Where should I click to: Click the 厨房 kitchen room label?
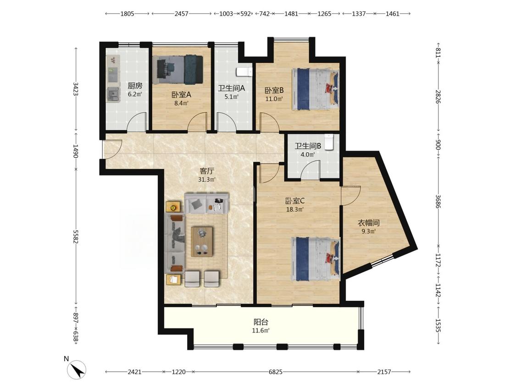coord(135,86)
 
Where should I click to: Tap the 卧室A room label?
coord(181,95)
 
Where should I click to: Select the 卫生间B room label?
coord(308,146)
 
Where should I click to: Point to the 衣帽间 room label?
coord(369,223)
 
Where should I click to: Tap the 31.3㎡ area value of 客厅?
coord(207,179)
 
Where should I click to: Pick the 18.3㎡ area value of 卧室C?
coord(294,209)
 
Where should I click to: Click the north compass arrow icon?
coord(78,370)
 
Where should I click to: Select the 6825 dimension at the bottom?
coord(276,372)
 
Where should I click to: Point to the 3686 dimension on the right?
coord(438,201)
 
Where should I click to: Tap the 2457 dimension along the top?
coord(181,13)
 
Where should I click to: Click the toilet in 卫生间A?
coord(244,72)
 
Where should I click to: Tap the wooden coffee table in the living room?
coord(202,241)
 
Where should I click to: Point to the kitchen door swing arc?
coord(137,122)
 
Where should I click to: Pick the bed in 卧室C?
coord(315,259)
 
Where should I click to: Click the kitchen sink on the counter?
coord(113,94)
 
